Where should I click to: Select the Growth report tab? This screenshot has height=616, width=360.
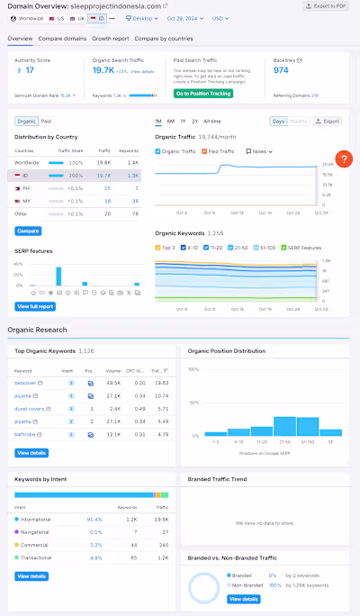(110, 39)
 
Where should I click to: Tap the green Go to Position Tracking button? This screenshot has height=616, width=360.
(203, 94)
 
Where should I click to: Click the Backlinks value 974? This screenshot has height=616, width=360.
(281, 69)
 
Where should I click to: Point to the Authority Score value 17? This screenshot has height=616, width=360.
(30, 70)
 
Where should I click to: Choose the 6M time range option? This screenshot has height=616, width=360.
(171, 121)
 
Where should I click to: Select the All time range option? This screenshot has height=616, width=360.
(211, 121)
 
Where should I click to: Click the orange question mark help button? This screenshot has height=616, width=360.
(342, 159)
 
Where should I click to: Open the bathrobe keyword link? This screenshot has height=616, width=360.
(25, 434)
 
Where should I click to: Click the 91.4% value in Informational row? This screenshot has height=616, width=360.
(94, 520)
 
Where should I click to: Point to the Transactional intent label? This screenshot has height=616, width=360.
(38, 557)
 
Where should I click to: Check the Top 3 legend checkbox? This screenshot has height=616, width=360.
(158, 247)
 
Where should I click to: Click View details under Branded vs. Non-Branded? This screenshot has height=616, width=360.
(243, 598)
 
